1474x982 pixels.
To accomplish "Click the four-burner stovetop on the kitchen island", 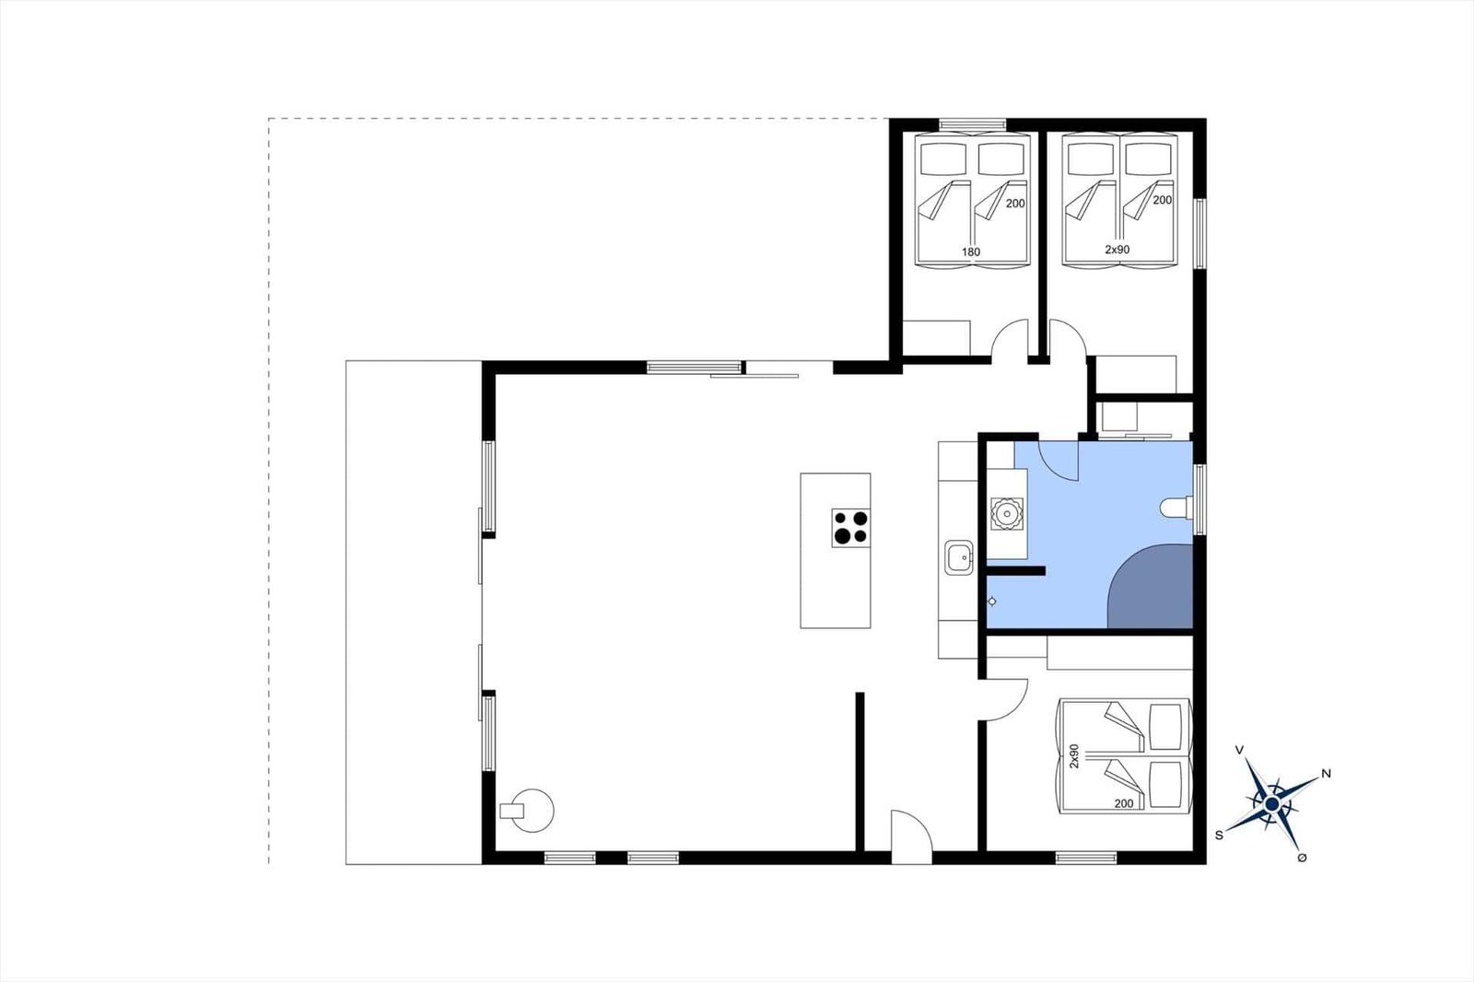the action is coord(851,528).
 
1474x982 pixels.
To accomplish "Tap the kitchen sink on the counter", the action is coord(959,557).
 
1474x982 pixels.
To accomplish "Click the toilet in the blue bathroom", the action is coord(1176,508).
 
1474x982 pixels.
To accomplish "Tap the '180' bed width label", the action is coord(971,251).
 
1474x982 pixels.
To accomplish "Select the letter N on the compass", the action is coord(1326,774).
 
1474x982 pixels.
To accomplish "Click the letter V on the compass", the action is coord(1240,751).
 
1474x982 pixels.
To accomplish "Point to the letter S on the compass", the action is coord(1220,836).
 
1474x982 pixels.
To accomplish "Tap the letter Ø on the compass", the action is coord(1302,859).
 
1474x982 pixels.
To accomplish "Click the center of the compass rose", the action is coord(1271,803).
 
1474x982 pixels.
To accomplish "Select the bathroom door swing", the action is coord(1059,461).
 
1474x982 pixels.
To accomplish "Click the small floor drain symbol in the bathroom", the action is coord(992,602).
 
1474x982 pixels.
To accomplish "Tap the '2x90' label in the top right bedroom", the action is coord(1117,250).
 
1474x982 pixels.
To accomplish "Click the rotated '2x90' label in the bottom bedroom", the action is coord(1074,756).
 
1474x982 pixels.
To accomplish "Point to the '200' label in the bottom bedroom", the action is coord(1124,803).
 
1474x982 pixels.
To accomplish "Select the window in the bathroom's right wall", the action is coord(1199,499).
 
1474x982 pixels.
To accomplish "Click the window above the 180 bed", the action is coord(973,124).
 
